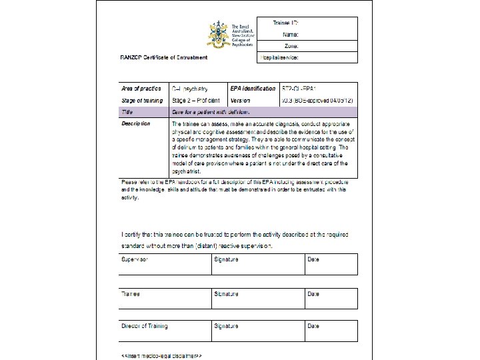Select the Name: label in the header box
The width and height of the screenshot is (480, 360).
(x=290, y=34)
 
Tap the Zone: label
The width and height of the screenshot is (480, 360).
(x=291, y=46)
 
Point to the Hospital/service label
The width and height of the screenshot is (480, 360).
(x=281, y=58)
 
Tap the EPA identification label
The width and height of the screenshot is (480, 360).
(x=252, y=88)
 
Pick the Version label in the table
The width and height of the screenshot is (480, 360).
(x=240, y=101)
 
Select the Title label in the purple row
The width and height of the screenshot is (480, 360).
(x=127, y=112)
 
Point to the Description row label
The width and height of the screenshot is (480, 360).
(x=135, y=123)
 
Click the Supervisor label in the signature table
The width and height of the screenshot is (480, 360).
(x=135, y=259)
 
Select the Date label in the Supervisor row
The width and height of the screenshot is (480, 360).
(x=313, y=259)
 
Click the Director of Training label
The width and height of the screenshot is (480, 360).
(x=144, y=326)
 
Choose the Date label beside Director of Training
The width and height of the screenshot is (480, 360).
(x=313, y=326)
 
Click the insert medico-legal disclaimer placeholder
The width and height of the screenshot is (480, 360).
(x=159, y=355)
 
